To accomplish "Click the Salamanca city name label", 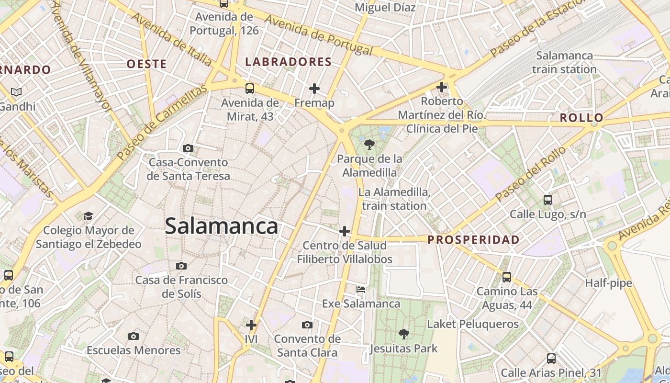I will [x=221, y=226].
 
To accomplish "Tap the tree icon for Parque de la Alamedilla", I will [x=369, y=144].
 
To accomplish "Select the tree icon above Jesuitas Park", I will [x=404, y=334].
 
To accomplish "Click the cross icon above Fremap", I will [x=314, y=89].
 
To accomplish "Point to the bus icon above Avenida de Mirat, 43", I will [x=249, y=88].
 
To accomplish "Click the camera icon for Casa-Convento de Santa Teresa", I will [x=188, y=148].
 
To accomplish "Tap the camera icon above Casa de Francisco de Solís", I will [x=181, y=266].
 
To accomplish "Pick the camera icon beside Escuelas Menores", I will [x=134, y=336].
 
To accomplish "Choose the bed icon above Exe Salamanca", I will [x=361, y=290].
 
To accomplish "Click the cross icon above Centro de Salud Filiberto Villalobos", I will [x=344, y=231].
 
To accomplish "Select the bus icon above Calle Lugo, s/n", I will [x=548, y=200].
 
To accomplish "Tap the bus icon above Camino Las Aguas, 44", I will [x=507, y=277].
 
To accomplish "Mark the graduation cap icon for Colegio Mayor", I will [x=88, y=216].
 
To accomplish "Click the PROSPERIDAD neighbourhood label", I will [x=473, y=240].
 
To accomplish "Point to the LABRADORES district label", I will [x=288, y=62].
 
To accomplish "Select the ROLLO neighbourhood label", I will [x=581, y=118].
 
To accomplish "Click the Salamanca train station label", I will [x=564, y=62].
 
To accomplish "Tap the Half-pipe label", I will [x=608, y=283].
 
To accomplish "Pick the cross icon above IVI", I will [x=251, y=325].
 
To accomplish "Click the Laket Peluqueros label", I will [x=472, y=324].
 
